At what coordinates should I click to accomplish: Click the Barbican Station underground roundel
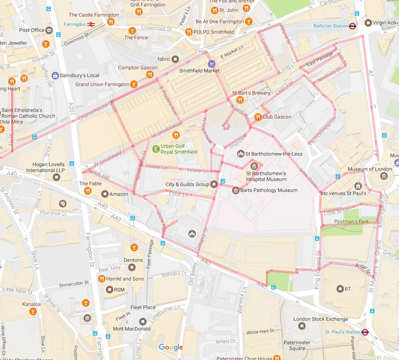[352, 26]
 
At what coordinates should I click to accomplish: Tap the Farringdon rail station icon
[92, 24]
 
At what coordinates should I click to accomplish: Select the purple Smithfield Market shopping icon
[211, 64]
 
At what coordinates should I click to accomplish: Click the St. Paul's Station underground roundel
[365, 332]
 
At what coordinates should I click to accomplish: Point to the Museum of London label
[371, 169]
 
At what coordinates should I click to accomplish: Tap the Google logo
[171, 347]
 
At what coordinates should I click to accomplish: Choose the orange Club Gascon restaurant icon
[258, 117]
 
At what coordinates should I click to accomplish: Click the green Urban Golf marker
[156, 149]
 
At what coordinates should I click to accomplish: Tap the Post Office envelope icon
[49, 30]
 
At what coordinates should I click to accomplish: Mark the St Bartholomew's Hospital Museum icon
[254, 166]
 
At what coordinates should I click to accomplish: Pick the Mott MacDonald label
[131, 329]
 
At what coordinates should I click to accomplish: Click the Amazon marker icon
[104, 193]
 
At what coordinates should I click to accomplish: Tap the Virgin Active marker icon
[368, 22]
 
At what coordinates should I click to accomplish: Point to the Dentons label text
[134, 260]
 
